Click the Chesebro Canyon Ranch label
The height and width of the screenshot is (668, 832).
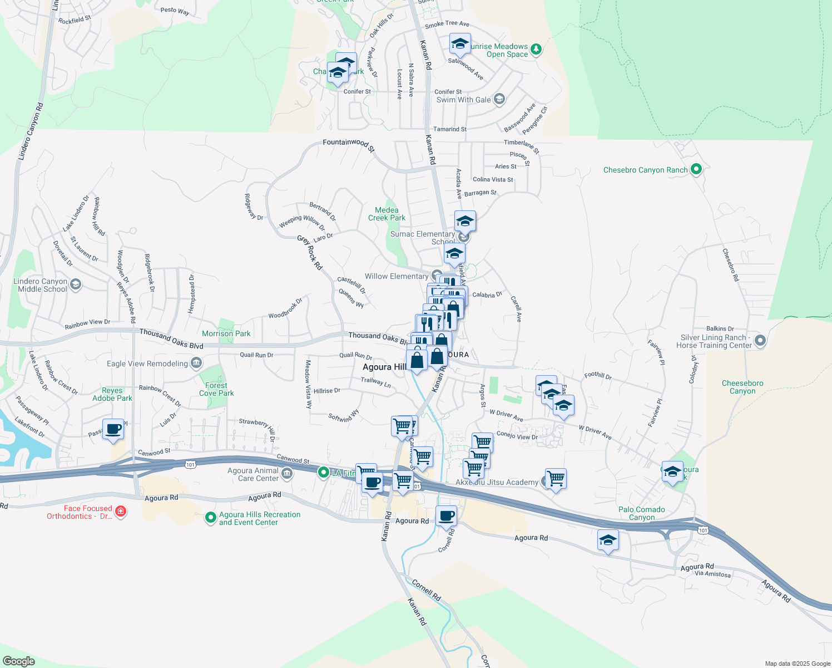(645, 170)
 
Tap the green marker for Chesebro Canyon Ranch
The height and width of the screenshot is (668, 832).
(696, 169)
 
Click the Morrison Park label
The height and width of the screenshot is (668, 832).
(226, 333)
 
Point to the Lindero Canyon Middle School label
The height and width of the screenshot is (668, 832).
(42, 285)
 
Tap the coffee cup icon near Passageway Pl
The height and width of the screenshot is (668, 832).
(113, 430)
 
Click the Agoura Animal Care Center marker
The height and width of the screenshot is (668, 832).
(286, 474)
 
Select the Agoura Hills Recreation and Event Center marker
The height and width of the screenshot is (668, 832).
(210, 518)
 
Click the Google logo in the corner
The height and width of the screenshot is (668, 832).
(18, 661)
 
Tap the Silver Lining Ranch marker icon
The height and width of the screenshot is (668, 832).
(760, 340)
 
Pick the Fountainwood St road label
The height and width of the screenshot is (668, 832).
(349, 144)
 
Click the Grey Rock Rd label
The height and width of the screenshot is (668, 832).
(310, 253)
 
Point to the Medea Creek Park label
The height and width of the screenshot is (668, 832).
(387, 214)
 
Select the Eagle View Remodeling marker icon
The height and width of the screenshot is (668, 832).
(196, 364)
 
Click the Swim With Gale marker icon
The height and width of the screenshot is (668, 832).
(499, 99)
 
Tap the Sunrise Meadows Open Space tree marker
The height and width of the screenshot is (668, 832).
(536, 50)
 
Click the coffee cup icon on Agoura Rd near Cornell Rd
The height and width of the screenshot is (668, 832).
(446, 515)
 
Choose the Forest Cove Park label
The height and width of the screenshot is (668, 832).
(216, 389)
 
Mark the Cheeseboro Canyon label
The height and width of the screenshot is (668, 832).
(742, 387)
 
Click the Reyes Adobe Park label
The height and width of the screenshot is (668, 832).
(112, 394)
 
